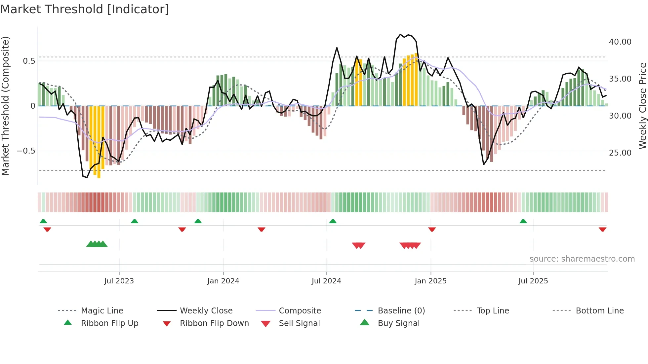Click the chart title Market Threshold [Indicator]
85,9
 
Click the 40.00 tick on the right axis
620,42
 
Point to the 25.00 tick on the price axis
620,153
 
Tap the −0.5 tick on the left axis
26,151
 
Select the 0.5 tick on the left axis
29,61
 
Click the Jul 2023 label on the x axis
119,281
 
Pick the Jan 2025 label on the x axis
430,281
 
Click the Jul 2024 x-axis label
326,281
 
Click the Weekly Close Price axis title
642,106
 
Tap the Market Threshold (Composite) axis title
5,106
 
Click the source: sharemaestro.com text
582,259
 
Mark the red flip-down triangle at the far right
602,229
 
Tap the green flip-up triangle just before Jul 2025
523,221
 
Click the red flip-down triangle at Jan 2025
432,229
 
